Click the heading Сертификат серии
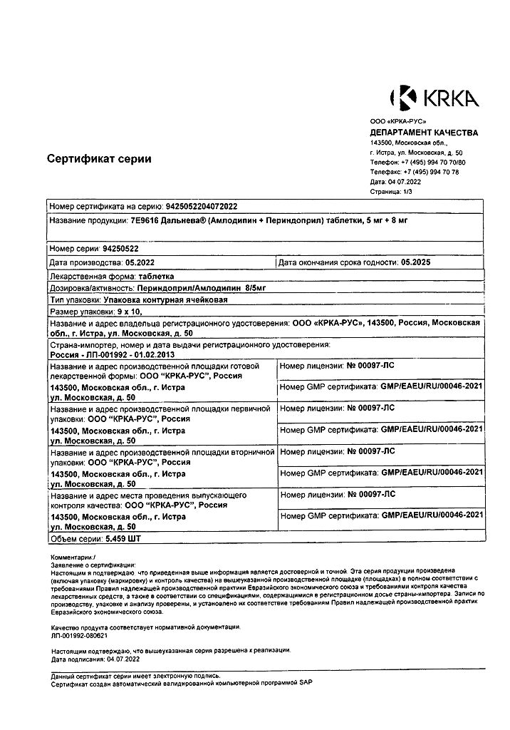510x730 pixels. [x=99, y=159]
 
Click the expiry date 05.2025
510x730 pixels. [x=416, y=262]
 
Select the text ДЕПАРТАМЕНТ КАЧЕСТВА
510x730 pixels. [x=424, y=133]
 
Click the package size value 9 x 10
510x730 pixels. [x=129, y=312]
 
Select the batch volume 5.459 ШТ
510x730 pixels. [x=123, y=538]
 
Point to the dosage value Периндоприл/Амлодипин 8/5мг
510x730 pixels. [x=202, y=288]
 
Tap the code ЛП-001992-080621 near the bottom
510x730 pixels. [x=79, y=634]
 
